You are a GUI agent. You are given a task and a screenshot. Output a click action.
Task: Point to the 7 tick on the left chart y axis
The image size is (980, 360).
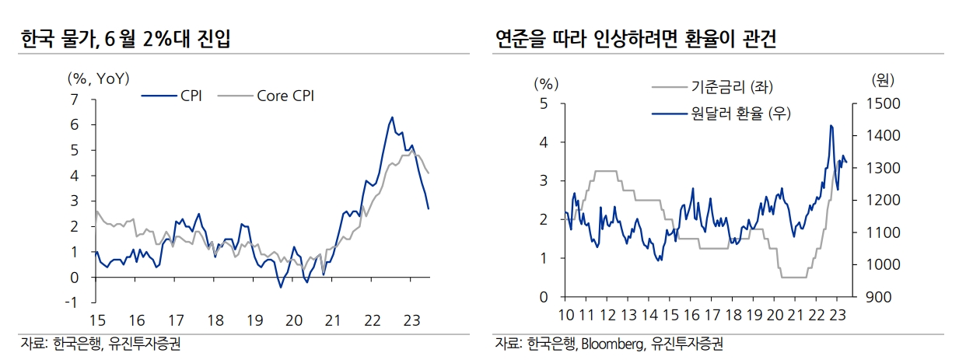(x=75, y=100)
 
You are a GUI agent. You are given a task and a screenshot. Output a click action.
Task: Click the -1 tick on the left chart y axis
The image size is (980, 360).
(x=72, y=302)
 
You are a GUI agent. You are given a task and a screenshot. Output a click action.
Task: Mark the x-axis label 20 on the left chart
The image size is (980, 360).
(x=293, y=320)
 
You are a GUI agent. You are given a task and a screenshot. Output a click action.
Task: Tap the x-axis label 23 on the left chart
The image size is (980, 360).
(x=411, y=320)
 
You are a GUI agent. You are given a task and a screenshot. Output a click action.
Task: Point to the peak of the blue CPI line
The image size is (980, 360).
(x=392, y=117)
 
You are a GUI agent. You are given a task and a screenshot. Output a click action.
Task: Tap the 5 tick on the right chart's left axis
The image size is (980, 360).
(x=544, y=104)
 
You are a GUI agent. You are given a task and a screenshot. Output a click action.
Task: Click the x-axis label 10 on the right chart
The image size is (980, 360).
(x=567, y=316)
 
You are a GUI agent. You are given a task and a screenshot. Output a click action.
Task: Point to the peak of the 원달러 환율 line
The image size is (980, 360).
(x=831, y=125)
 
